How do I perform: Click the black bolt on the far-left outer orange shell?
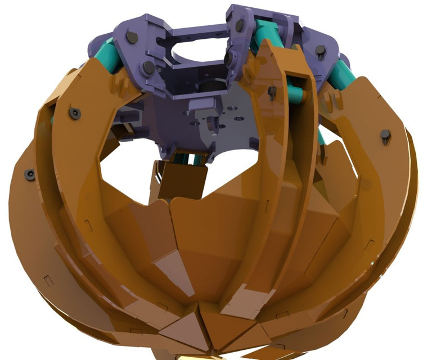click(x=30, y=175)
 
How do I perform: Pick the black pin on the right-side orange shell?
click(x=385, y=136)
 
